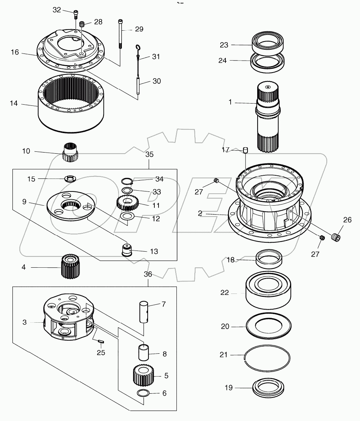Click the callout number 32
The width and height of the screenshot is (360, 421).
(x=56, y=10)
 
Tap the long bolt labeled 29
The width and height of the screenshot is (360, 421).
(x=120, y=34)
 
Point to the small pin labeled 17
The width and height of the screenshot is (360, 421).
(x=245, y=150)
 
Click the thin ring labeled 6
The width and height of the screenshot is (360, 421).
(x=143, y=393)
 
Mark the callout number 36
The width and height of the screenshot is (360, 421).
(x=148, y=274)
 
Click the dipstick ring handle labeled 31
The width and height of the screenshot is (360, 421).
(x=138, y=47)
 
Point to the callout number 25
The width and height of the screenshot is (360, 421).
(x=101, y=352)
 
